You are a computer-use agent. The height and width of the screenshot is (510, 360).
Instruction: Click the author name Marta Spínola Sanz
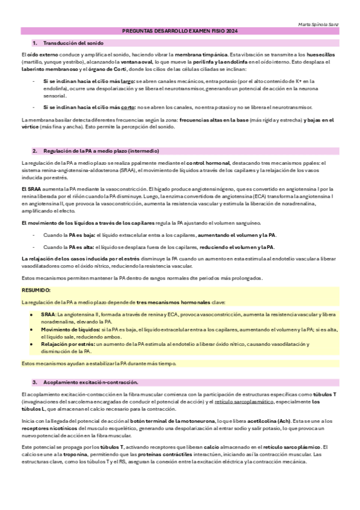click(x=319, y=24)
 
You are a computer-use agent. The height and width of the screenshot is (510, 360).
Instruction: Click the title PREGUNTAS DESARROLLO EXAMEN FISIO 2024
click(x=180, y=31)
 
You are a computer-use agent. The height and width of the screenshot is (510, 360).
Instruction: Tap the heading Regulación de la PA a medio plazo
click(x=101, y=150)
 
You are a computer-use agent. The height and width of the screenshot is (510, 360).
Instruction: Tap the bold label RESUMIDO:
click(x=35, y=290)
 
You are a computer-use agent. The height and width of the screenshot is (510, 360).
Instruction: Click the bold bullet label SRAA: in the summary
click(x=48, y=314)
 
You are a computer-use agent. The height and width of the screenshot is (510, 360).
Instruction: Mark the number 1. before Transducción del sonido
click(x=35, y=43)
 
